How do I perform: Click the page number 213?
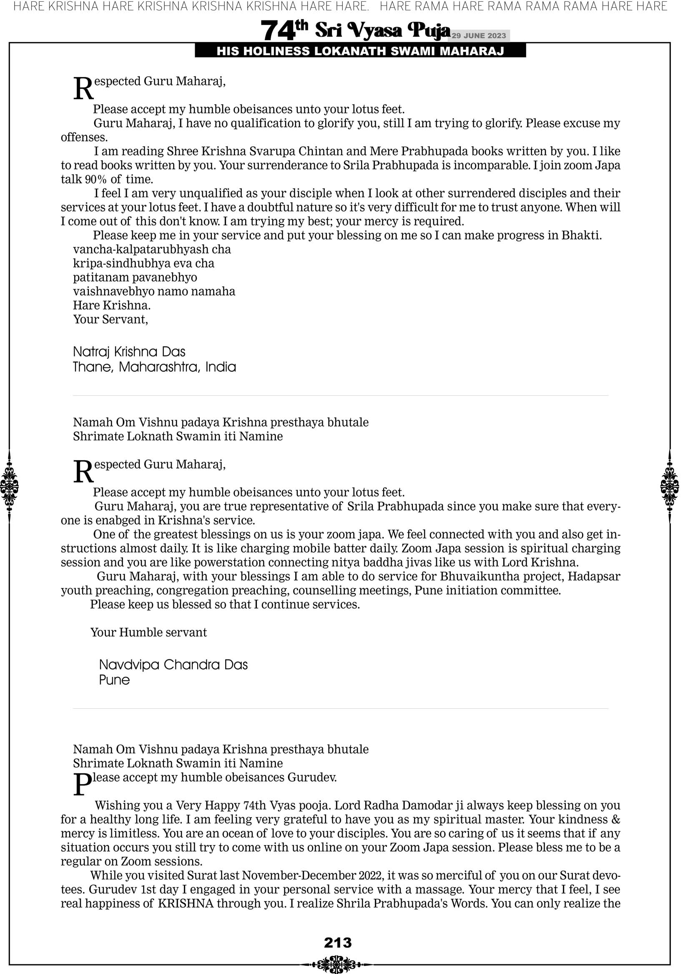point(338,942)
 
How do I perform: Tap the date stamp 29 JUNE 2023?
point(478,35)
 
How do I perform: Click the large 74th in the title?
point(284,30)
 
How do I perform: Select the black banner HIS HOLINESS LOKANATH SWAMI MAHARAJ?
point(360,51)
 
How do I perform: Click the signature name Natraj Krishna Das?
point(129,352)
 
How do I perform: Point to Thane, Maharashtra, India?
point(154,367)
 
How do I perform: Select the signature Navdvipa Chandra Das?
point(173,664)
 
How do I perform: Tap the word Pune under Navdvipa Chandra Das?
point(114,680)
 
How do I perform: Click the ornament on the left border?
point(9,486)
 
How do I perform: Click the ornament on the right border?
point(669,486)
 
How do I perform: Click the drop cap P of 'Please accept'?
point(82,784)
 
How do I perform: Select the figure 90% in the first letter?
point(96,179)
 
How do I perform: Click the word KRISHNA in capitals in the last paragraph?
point(186,904)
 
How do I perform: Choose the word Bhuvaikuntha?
point(477,576)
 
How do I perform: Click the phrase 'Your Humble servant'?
point(148,632)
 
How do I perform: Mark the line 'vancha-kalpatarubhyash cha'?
point(152,249)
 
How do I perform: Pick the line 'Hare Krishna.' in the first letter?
point(112,305)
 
